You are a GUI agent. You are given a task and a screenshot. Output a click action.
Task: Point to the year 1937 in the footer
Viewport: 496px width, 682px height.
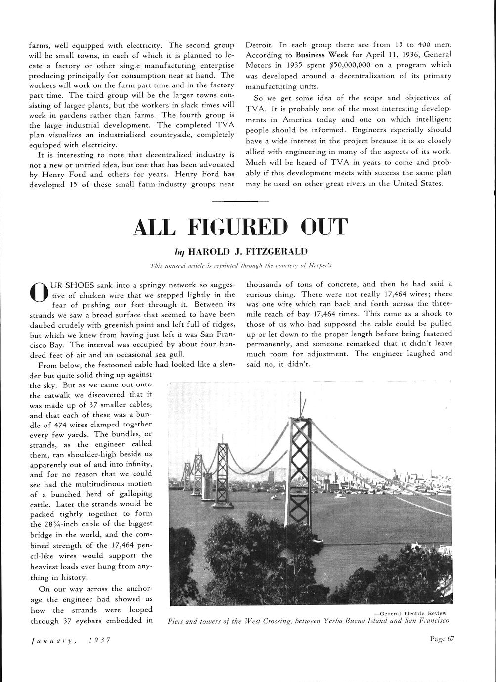tap(99, 640)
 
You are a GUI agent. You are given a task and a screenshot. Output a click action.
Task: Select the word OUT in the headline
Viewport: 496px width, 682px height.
tap(324, 227)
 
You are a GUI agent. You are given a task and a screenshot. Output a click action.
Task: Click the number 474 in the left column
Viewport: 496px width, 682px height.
tap(66, 424)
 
